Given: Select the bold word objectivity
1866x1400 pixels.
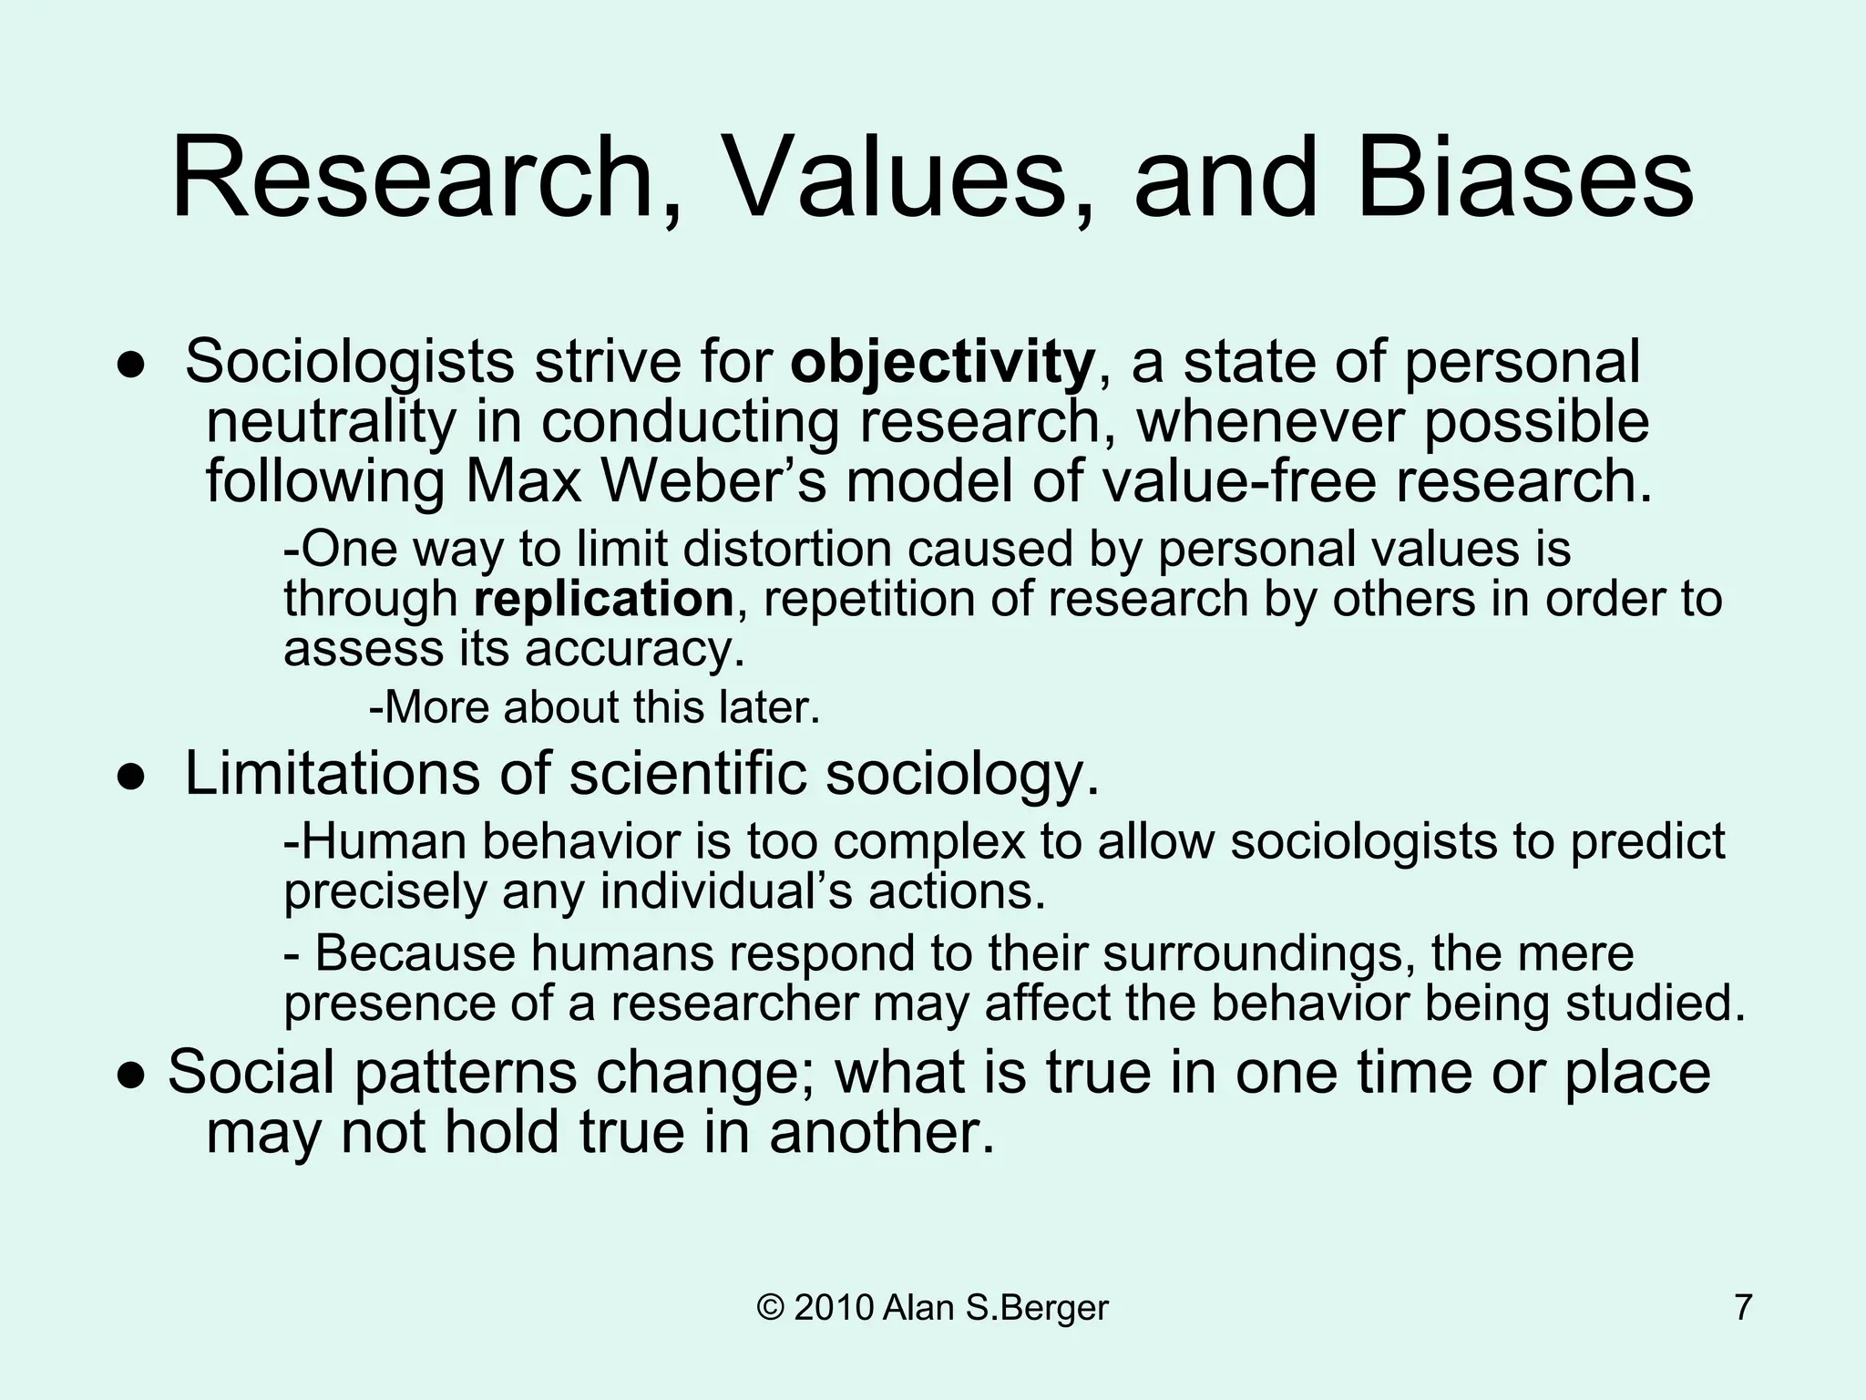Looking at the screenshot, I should [x=942, y=362].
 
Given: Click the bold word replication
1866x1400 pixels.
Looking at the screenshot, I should [x=603, y=599].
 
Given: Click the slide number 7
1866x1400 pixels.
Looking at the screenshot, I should [x=1743, y=1308].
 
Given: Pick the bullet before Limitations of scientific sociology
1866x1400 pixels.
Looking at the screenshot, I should [x=131, y=776].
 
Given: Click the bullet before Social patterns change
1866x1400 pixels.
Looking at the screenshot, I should [x=131, y=1074].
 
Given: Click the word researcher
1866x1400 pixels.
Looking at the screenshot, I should [x=734, y=1004].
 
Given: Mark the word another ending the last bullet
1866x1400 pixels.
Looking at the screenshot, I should [x=881, y=1133].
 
